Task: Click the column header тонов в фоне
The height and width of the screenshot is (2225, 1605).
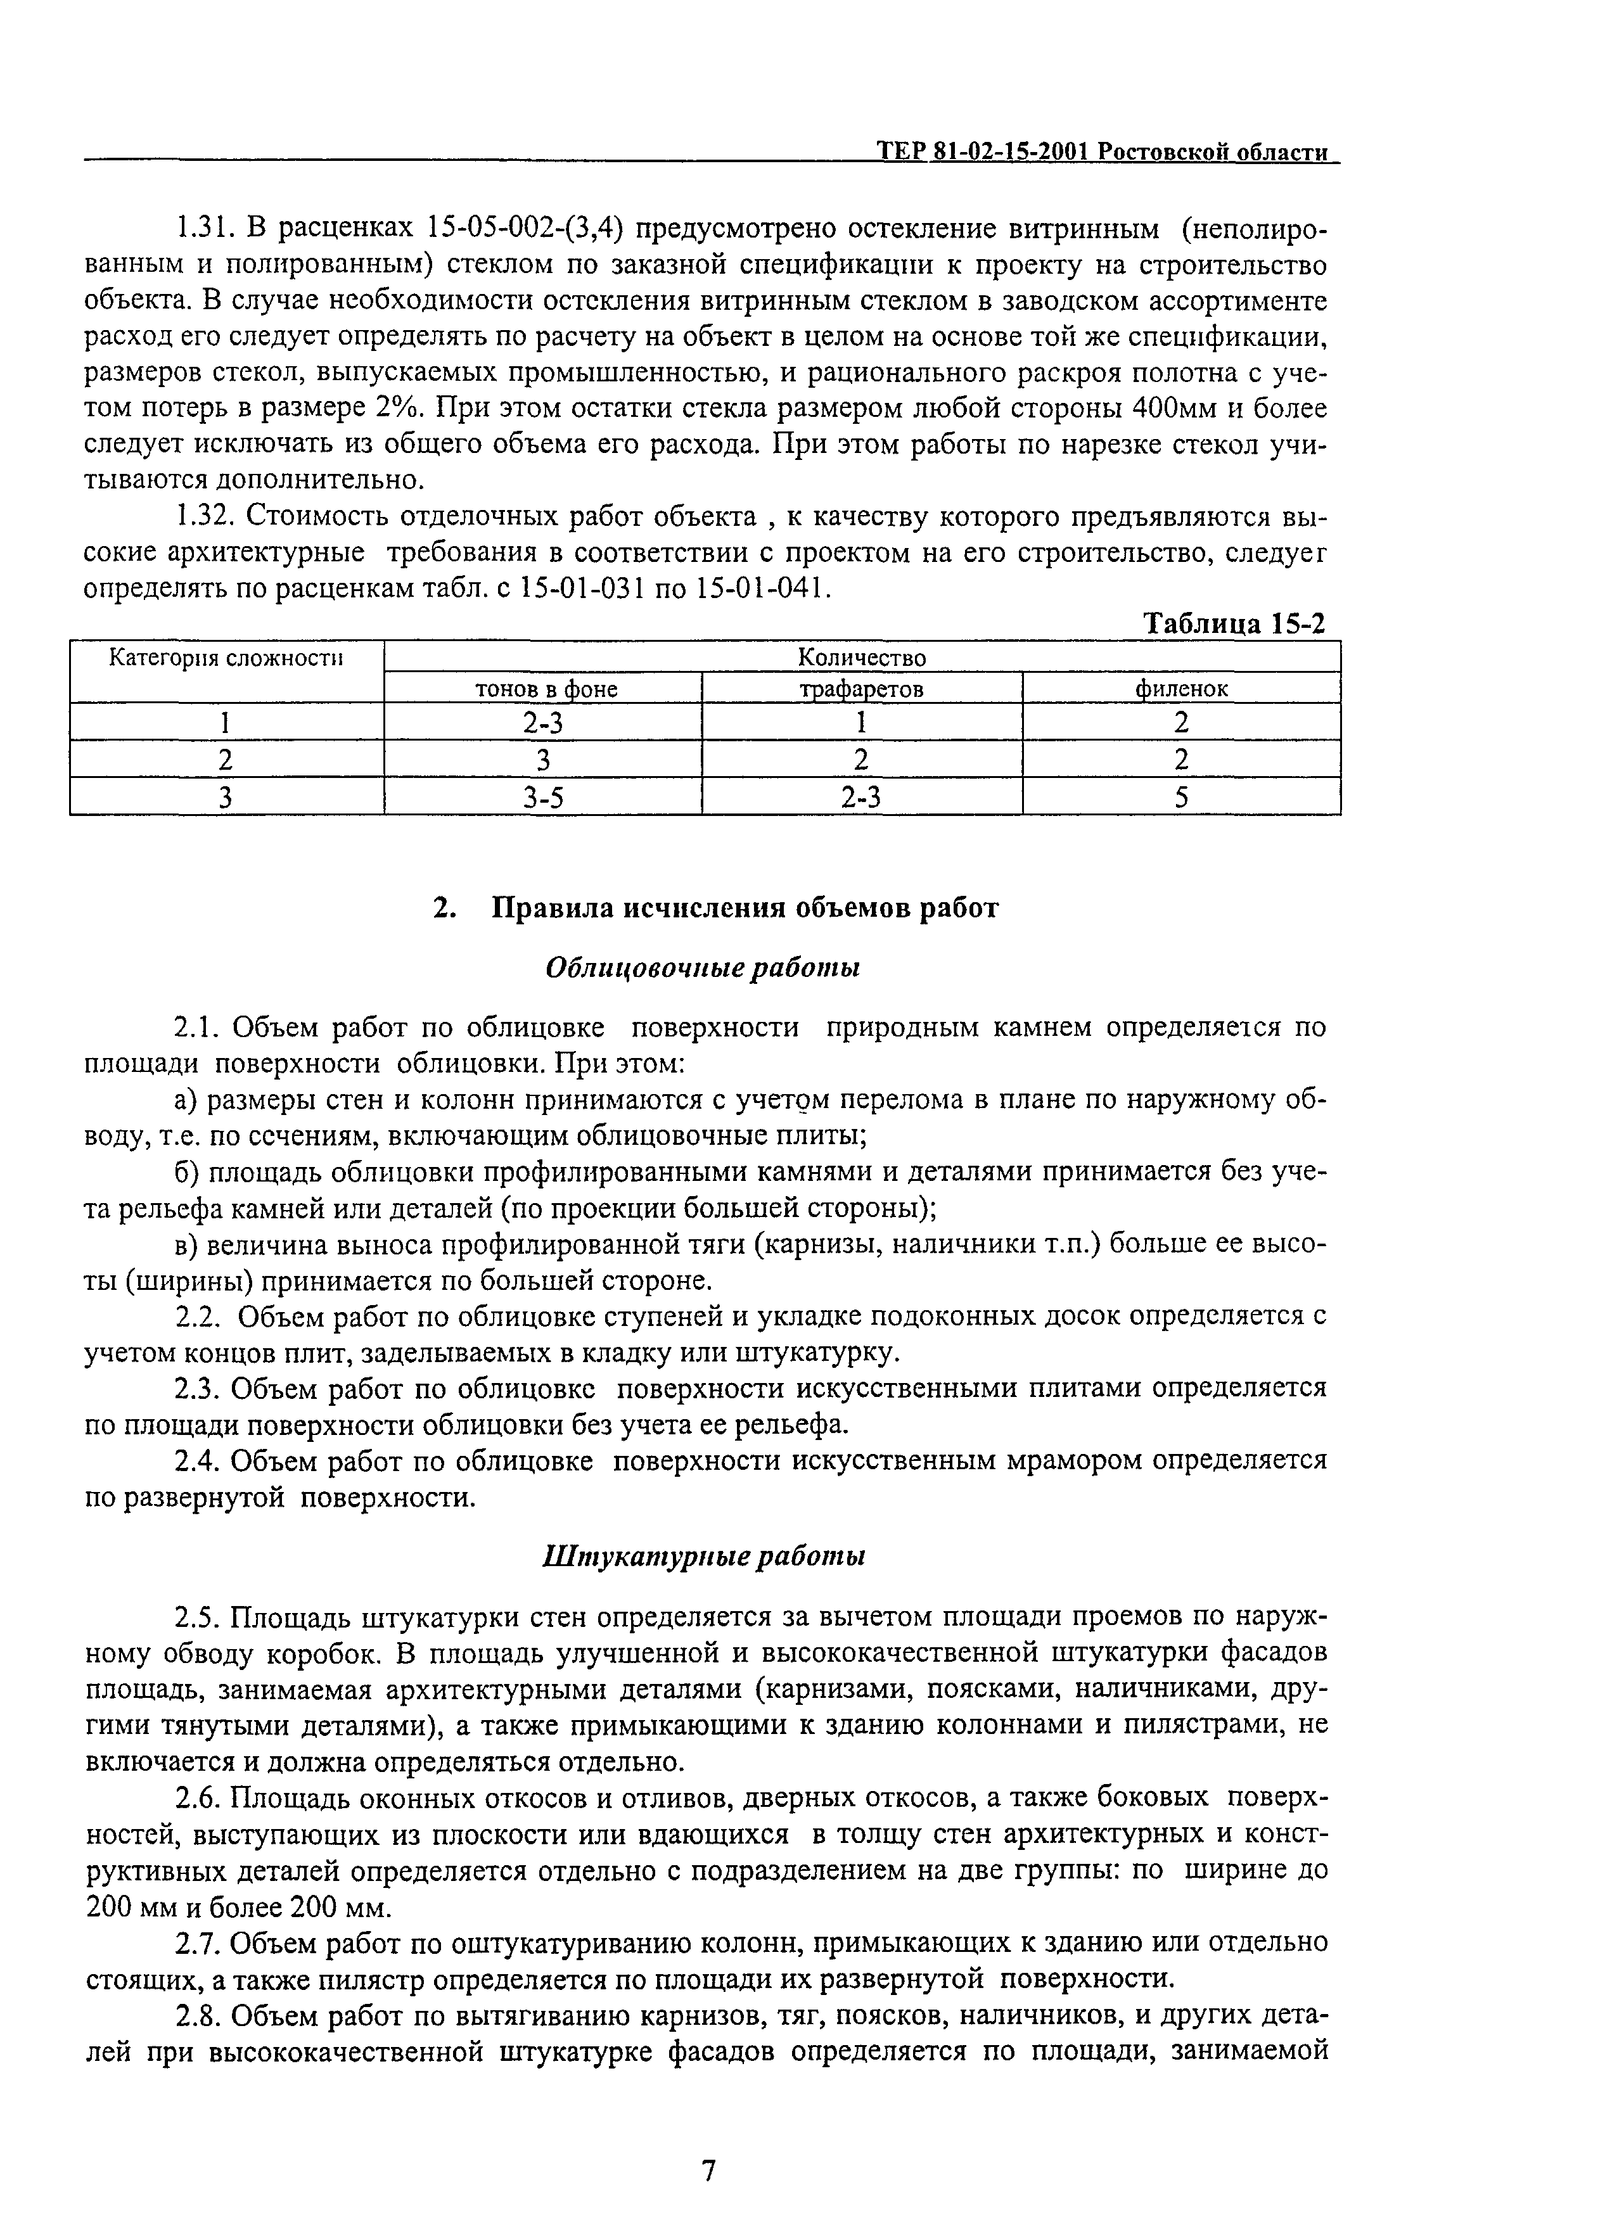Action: coord(546,689)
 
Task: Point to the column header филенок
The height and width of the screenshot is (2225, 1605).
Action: coord(1181,689)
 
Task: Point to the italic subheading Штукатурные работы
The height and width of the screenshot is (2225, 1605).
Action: coord(703,1557)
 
